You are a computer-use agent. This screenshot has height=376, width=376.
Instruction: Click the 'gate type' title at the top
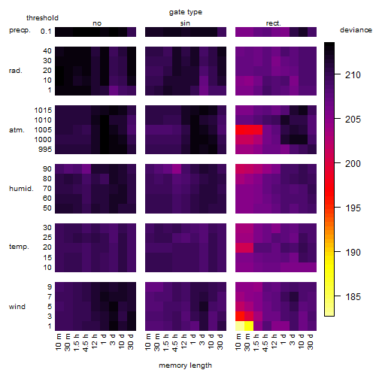[x=186, y=12]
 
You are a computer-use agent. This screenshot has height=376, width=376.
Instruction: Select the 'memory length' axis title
[x=185, y=365]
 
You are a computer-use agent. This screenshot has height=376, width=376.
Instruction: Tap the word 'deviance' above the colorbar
[x=356, y=30]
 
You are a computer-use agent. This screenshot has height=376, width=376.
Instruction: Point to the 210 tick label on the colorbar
[x=353, y=74]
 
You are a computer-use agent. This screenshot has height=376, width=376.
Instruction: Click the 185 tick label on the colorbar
[x=353, y=297]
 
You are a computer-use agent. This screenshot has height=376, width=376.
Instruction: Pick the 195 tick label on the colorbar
[x=353, y=208]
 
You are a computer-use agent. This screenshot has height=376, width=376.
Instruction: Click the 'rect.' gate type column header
[x=274, y=23]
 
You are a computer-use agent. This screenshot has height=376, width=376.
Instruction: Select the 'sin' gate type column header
[x=185, y=23]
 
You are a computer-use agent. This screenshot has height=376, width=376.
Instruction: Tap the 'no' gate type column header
[x=97, y=23]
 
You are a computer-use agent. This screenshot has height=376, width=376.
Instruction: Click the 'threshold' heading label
[x=42, y=18]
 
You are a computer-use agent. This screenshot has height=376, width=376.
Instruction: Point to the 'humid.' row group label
[x=21, y=189]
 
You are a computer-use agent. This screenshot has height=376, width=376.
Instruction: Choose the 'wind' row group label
[x=17, y=307]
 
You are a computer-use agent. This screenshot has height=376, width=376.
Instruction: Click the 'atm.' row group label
[x=17, y=130]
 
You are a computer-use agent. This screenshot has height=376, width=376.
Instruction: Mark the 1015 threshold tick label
[x=43, y=111]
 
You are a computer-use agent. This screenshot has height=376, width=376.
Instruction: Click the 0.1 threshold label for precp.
[x=46, y=32]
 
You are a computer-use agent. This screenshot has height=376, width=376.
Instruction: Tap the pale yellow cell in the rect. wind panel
[x=240, y=326]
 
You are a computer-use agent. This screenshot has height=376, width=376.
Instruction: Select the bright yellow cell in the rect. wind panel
[x=249, y=326]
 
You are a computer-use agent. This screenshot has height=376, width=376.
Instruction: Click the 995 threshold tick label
[x=45, y=150]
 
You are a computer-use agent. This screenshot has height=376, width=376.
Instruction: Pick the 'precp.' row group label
[x=20, y=30]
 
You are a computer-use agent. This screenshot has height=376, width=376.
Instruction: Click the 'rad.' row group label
[x=16, y=71]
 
